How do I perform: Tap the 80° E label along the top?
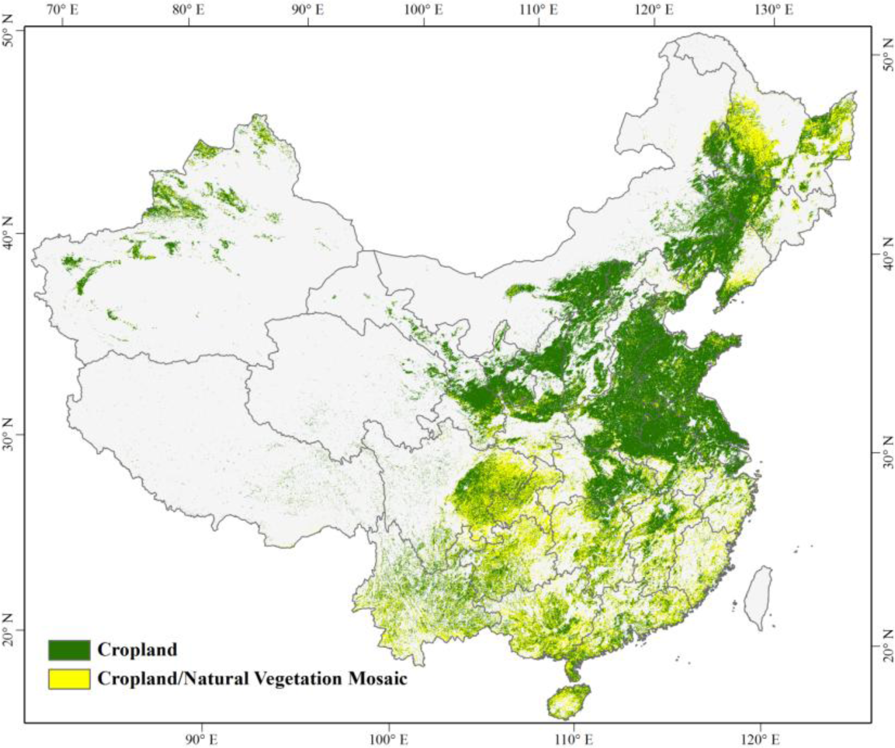pyautogui.click(x=188, y=10)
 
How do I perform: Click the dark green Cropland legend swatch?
pyautogui.click(x=69, y=649)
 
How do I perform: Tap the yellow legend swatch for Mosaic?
pyautogui.click(x=69, y=679)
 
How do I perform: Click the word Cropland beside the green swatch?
pyautogui.click(x=137, y=650)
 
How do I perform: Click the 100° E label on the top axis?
pyautogui.click(x=424, y=10)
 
